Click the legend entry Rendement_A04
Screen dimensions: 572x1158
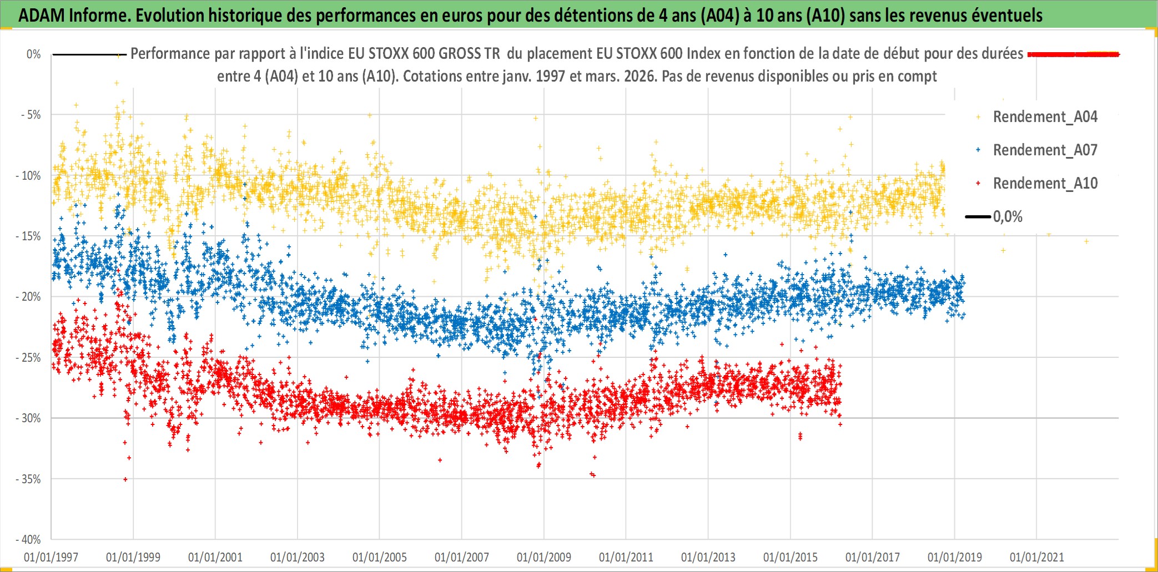[1045, 117]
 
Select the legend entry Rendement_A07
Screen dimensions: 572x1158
[1045, 150]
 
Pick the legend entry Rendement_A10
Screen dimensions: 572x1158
[1045, 184]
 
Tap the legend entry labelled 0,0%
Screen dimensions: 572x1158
[1008, 217]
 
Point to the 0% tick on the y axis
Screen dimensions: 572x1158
[34, 54]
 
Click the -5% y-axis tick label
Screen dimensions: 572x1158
[31, 115]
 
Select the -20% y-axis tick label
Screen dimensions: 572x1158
[29, 297]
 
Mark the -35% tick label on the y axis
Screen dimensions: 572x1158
[29, 479]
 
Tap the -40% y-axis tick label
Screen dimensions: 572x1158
[29, 539]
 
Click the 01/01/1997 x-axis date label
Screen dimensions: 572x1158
[51, 557]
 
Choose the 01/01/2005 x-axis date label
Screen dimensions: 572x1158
[380, 557]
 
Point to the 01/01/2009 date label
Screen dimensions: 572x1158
[544, 557]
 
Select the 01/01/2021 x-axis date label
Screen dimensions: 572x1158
[1037, 557]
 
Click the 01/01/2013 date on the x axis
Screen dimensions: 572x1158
[708, 557]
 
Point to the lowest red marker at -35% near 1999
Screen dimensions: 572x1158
[125, 479]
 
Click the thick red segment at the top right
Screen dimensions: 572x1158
[1073, 54]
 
